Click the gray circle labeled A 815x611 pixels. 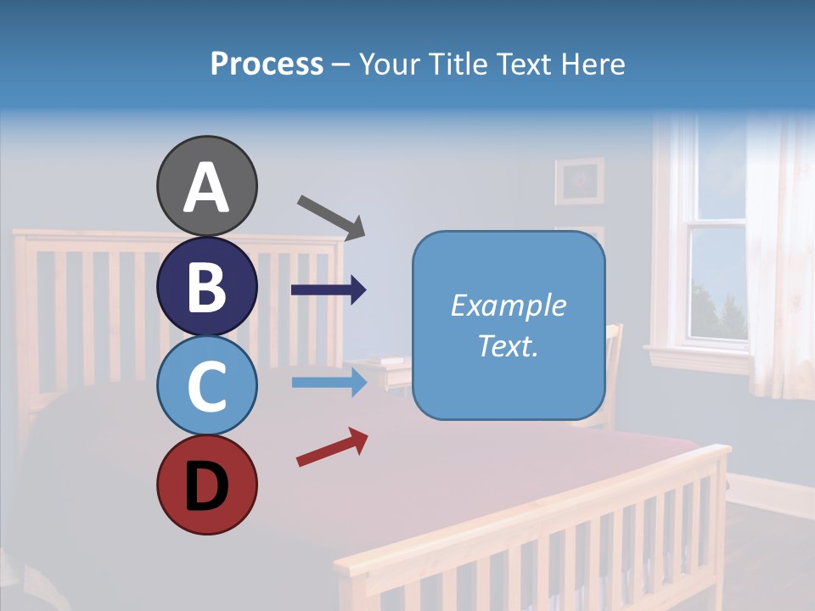coord(206,186)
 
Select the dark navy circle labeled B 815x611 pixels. coord(206,286)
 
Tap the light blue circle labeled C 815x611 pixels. coord(206,385)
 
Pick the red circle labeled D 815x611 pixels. coord(206,485)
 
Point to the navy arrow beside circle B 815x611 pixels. coord(328,290)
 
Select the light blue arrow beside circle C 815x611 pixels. coord(328,382)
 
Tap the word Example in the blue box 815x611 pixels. coord(509,305)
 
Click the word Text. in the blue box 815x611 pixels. coord(509,345)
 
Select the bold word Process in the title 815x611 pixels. coord(267,64)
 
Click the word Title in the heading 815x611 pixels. coord(459,64)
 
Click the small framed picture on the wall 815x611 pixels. coord(579,181)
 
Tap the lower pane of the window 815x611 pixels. coord(717,284)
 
